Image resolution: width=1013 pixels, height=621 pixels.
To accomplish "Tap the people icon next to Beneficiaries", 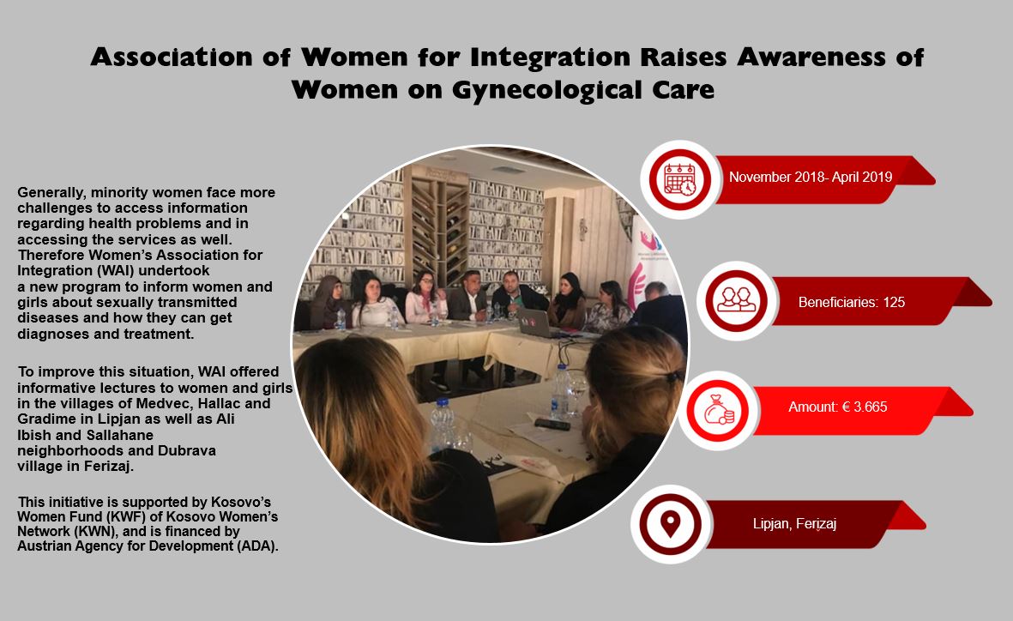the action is (737, 300).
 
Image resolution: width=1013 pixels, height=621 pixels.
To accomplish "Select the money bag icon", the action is (719, 410).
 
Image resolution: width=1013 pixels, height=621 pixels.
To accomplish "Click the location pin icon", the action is (670, 524).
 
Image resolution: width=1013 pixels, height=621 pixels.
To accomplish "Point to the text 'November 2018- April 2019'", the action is (810, 177).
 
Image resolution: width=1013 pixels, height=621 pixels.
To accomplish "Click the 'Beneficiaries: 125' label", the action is (852, 302).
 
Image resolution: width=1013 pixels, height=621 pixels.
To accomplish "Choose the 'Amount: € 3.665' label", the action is (837, 407).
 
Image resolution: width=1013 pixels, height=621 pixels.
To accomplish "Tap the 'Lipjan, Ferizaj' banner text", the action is (794, 523).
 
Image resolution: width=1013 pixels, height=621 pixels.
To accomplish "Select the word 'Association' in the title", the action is (172, 57).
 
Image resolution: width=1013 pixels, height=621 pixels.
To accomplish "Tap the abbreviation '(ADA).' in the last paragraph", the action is (257, 546).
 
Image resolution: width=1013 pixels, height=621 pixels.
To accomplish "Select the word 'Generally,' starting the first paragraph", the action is (51, 193).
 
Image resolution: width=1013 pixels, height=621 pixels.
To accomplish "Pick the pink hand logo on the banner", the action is (636, 284).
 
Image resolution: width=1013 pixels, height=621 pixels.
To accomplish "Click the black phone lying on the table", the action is (552, 424).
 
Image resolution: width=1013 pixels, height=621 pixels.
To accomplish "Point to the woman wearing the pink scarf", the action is (426, 298).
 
